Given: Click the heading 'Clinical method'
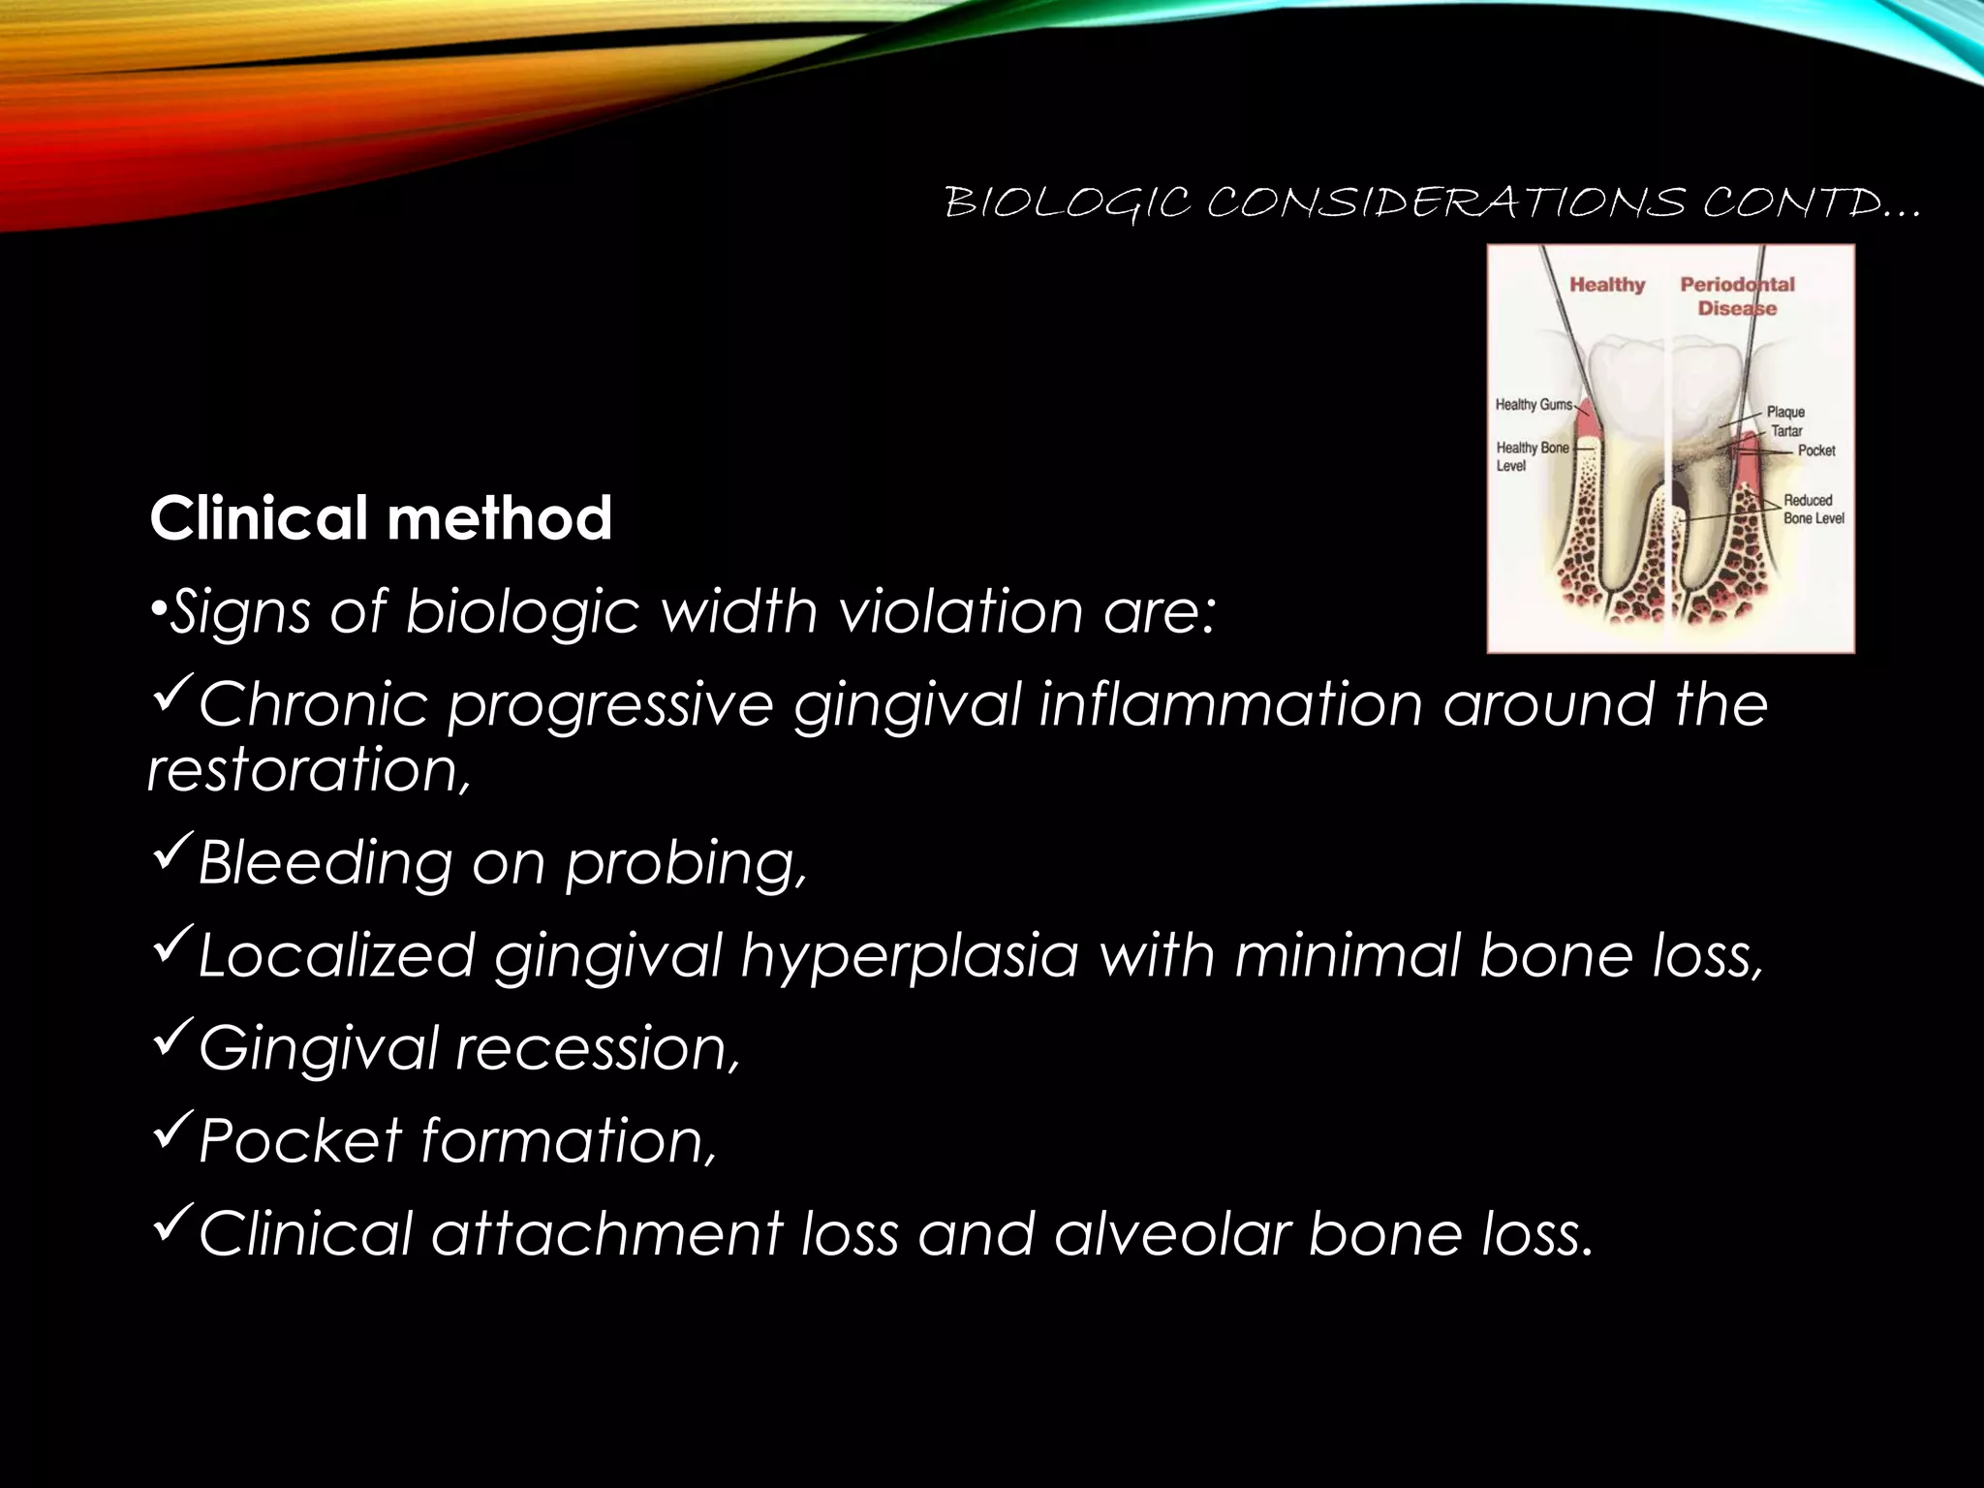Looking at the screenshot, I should pos(381,518).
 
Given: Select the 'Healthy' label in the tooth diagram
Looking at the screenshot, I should pos(1607,285).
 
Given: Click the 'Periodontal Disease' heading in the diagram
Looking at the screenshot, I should pos(1737,296).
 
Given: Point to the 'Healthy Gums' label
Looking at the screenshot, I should pos(1533,404).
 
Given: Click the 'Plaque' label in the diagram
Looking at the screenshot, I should pos(1785,412).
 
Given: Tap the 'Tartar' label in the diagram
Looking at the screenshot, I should pos(1786,431).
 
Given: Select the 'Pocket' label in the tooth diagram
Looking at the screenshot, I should pos(1815,450).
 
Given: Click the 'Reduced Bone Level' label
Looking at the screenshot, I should pos(1813,510).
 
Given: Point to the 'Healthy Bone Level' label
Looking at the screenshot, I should pos(1531,456).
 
